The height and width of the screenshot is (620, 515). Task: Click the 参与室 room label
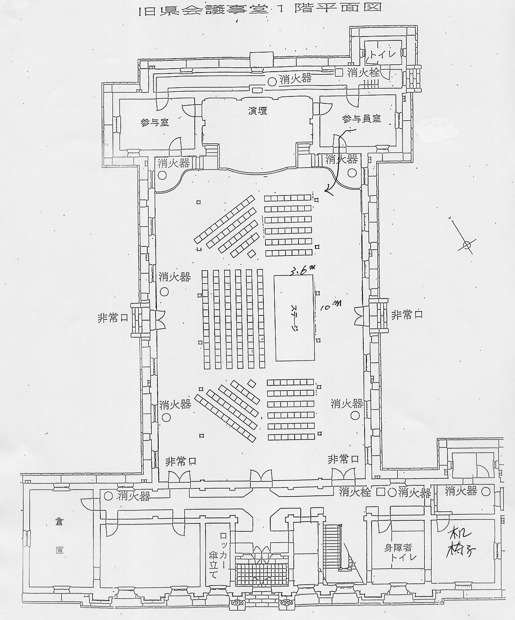tap(155, 123)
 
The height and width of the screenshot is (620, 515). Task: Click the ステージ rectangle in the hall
tap(294, 318)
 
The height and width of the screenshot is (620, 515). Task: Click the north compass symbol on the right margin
tap(467, 245)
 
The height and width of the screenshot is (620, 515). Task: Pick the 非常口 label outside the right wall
tap(407, 315)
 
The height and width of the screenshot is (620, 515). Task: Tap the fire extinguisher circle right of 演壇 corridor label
tap(272, 80)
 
